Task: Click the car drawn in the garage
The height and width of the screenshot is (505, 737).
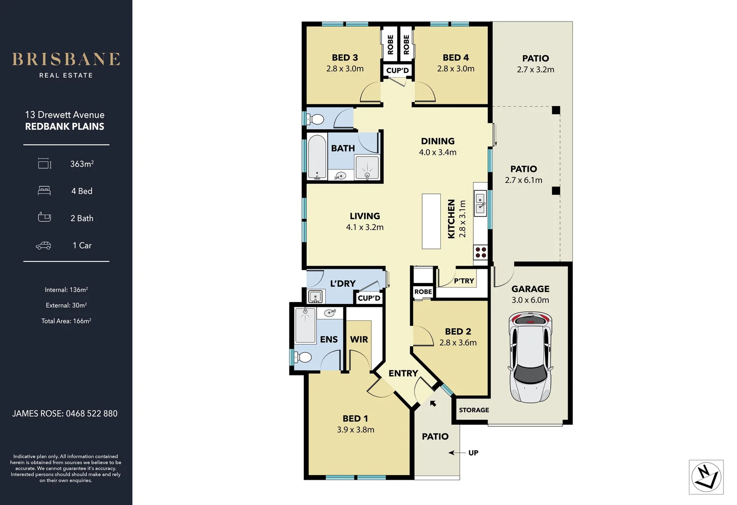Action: point(530,357)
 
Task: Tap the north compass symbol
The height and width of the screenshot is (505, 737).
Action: point(706,477)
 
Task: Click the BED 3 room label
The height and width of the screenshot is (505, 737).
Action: point(345,58)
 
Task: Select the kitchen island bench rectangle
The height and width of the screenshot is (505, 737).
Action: point(431,221)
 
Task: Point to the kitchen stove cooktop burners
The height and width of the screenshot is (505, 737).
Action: point(481,252)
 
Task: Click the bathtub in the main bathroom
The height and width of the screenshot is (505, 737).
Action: point(317,157)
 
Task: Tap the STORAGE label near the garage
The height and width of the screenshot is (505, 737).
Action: point(474,410)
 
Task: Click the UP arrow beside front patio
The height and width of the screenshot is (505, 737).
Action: point(458,453)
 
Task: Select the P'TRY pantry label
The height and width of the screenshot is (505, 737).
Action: point(464,281)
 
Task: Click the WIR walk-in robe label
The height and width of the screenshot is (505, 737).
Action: point(359,339)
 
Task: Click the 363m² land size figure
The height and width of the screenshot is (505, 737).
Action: point(82,164)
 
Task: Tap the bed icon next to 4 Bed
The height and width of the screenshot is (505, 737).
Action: point(44,191)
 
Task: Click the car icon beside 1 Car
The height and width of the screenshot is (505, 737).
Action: point(43,245)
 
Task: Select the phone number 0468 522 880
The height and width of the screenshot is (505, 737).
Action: point(92,413)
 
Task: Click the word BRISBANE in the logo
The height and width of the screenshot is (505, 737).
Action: point(66,59)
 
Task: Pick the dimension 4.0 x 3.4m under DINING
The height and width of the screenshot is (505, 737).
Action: point(437,152)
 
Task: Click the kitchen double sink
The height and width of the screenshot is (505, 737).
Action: point(480,203)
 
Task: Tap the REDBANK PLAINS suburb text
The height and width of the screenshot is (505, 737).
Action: point(64,127)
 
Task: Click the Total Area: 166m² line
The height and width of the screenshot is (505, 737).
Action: point(66,321)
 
